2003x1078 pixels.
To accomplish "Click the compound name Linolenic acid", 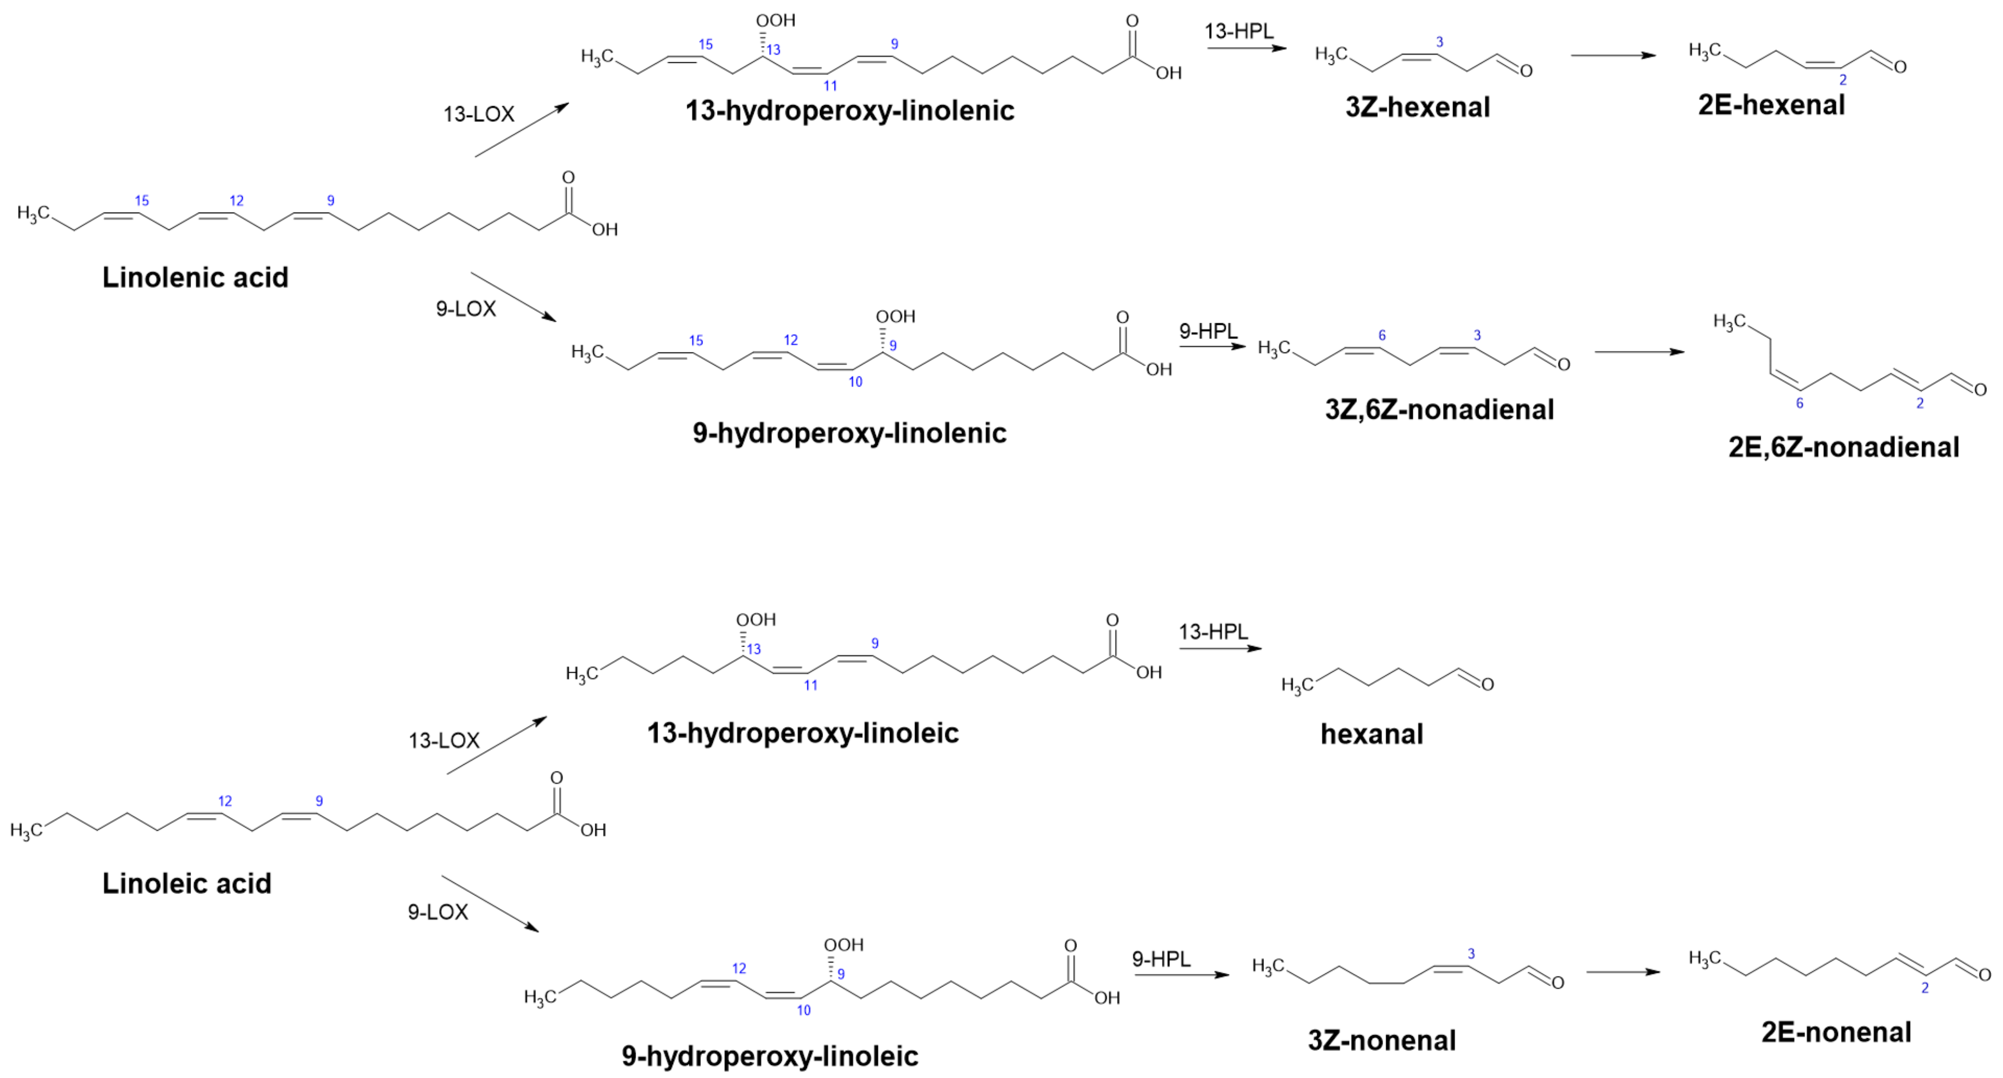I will tap(195, 278).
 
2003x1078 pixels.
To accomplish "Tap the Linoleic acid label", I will tap(187, 883).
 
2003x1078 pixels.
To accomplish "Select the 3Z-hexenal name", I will tap(1417, 107).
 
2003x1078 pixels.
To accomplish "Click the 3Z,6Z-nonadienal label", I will tap(1439, 410).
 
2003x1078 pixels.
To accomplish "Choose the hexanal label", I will tap(1372, 734).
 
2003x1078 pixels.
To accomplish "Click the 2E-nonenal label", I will tap(1836, 1033).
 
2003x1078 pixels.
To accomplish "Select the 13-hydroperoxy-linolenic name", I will tap(849, 111).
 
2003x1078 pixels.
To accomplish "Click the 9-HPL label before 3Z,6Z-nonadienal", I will tap(1208, 331).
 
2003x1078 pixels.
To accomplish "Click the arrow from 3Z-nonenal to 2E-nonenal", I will tap(1623, 971).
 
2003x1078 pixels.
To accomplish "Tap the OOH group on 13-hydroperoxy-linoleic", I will tap(756, 620).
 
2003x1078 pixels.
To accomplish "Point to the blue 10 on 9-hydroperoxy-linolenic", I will tap(855, 382).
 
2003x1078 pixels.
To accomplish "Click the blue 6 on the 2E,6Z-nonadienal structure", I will tap(1799, 403).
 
